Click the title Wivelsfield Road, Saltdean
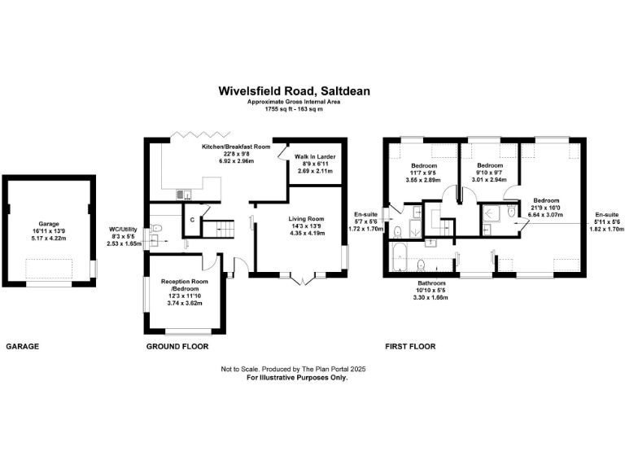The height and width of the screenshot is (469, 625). point(294,92)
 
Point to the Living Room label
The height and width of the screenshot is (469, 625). point(306,218)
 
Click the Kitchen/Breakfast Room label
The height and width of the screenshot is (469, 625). point(236,147)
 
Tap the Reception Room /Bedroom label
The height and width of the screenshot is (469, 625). point(181,284)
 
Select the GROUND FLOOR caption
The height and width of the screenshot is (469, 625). point(177,347)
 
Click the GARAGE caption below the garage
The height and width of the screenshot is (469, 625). point(23,347)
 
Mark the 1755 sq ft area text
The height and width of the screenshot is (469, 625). point(294,109)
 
